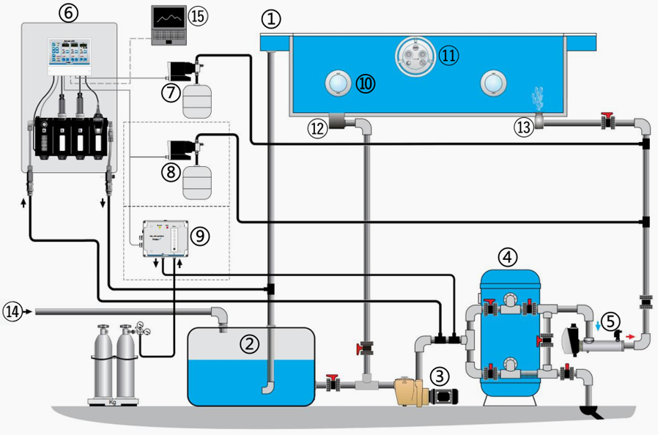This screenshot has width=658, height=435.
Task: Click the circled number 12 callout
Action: coord(317,129)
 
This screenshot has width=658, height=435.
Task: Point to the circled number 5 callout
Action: coord(610,320)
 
